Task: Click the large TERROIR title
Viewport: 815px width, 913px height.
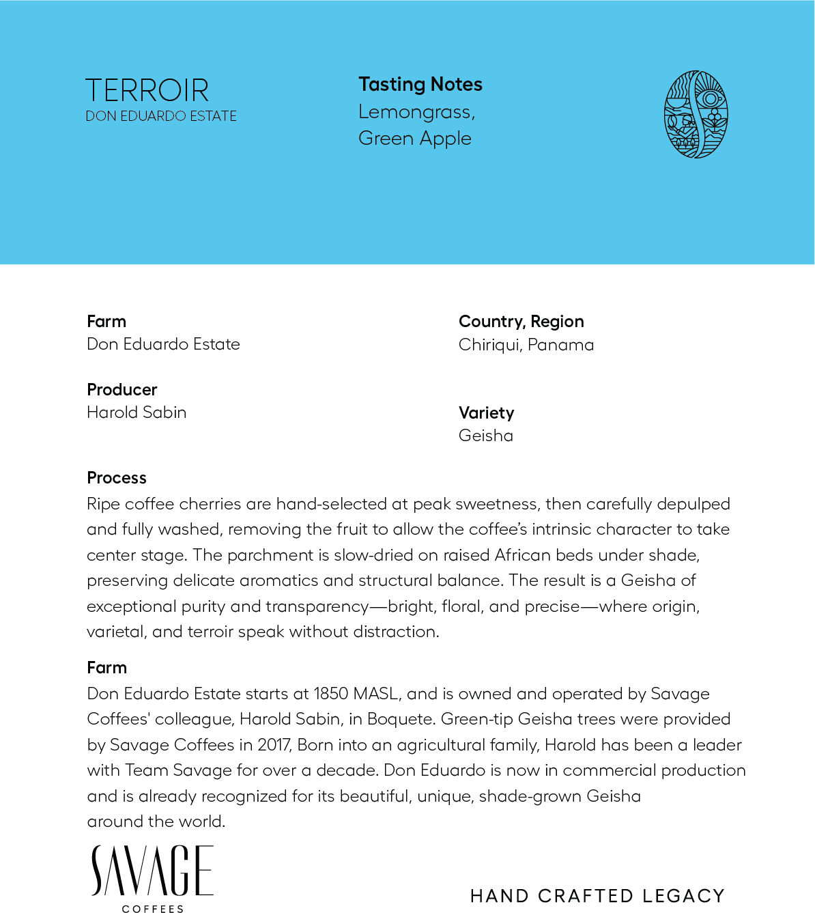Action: pos(147,91)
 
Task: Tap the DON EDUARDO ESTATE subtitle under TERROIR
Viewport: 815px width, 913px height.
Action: pos(161,116)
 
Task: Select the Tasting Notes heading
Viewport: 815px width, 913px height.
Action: pos(420,85)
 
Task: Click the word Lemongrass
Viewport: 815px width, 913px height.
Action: pos(416,112)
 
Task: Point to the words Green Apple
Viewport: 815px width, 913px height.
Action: pos(415,139)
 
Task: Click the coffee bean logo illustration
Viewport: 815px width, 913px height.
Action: pos(696,115)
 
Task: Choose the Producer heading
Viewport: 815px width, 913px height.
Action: pos(122,390)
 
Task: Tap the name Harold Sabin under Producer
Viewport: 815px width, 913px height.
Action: pos(137,412)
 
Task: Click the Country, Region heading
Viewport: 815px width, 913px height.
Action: pos(521,322)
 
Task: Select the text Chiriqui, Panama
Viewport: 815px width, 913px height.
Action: pos(526,345)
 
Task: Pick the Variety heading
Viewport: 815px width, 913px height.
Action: pos(486,413)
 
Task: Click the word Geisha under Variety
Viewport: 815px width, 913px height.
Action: pos(485,436)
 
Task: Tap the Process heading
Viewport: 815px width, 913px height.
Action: pos(117,478)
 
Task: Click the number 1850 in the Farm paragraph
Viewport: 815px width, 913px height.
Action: pos(330,694)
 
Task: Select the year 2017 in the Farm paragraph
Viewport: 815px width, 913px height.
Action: pos(274,745)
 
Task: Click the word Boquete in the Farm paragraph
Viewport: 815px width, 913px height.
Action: pos(400,719)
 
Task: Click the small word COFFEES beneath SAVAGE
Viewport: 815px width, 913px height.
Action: pos(153,909)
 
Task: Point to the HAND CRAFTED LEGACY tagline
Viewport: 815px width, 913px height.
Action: pos(597,896)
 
